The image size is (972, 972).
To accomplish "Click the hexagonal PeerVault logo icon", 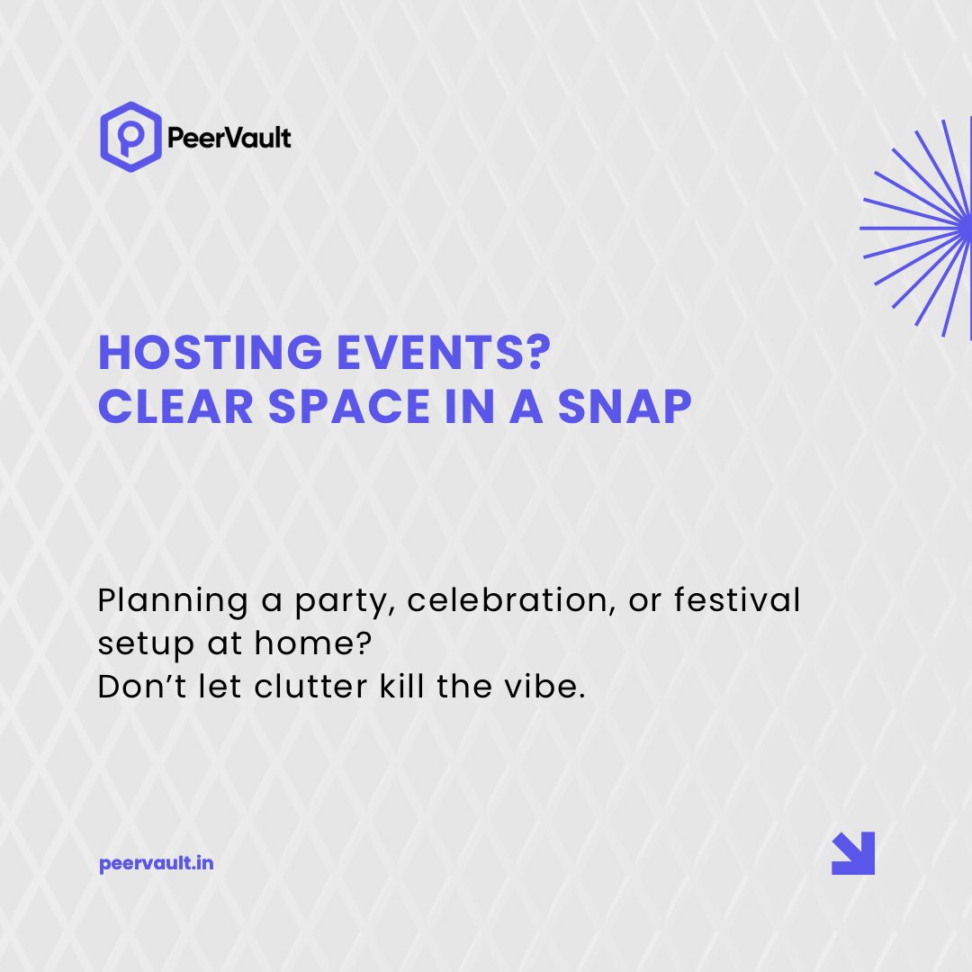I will [130, 137].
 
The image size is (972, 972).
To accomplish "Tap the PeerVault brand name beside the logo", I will [229, 139].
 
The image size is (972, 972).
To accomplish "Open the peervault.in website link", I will [156, 864].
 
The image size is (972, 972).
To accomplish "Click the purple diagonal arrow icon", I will [852, 853].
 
